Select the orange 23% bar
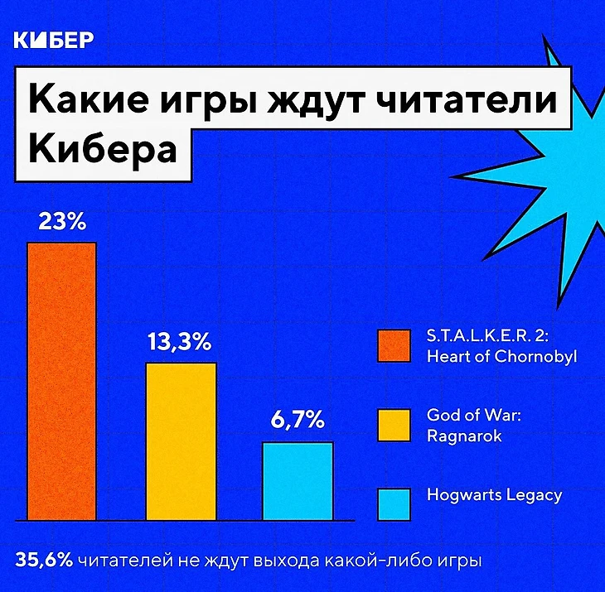(x=61, y=381)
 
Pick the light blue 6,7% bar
(x=298, y=480)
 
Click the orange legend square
(x=394, y=346)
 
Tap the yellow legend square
(x=394, y=424)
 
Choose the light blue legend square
(x=394, y=502)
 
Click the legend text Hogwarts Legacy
(x=494, y=495)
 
